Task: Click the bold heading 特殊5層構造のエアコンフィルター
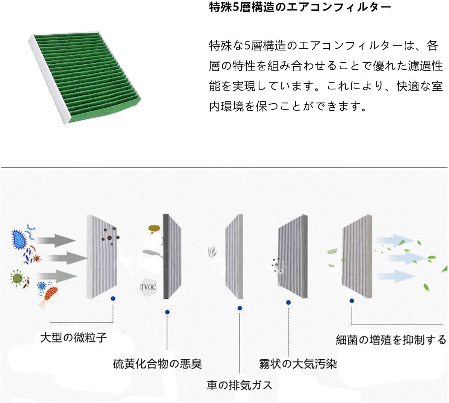tap(300, 7)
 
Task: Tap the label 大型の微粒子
tap(74, 338)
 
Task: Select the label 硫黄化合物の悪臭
tap(157, 364)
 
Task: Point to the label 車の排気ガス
tap(239, 385)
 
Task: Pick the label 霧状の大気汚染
tap(298, 364)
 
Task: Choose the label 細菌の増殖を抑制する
tap(391, 340)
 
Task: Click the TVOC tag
tap(148, 287)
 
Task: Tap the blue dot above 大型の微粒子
tap(113, 298)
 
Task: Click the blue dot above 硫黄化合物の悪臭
tap(167, 312)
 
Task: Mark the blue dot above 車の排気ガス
tap(239, 308)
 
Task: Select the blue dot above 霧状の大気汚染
tap(288, 303)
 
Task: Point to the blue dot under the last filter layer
tap(352, 301)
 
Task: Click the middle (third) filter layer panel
tap(234, 256)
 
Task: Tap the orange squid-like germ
tap(49, 294)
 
